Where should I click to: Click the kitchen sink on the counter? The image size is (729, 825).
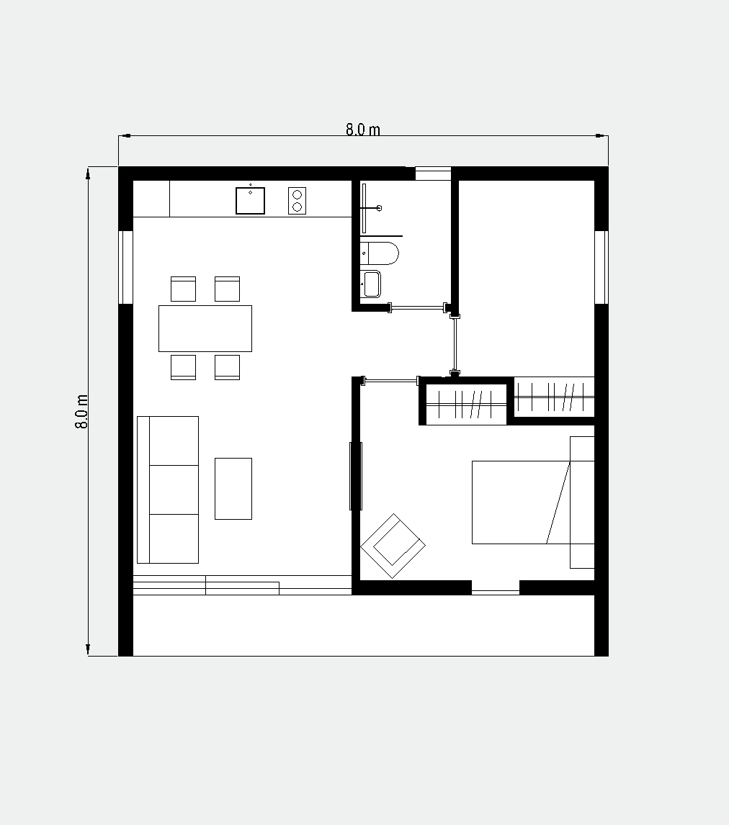coord(250,200)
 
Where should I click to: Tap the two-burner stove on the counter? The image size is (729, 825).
coord(297,200)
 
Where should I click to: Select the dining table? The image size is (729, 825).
coord(205,328)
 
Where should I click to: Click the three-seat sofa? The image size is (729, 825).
coord(168,490)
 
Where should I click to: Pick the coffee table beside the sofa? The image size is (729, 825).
coord(233,489)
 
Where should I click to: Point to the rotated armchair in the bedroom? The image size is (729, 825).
coord(393,546)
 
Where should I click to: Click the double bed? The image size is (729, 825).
coord(533,502)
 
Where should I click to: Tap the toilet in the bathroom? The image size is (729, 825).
coord(380,253)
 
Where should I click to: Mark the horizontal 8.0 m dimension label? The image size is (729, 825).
coord(362,130)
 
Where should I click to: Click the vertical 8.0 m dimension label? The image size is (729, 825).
coord(81,412)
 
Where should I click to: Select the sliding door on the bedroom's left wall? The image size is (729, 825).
coord(356,476)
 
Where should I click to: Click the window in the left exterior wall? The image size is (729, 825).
coord(125,267)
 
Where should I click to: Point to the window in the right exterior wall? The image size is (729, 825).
coord(601,267)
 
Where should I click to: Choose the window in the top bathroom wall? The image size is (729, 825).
coord(433,173)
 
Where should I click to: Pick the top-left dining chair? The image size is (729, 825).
coord(183,289)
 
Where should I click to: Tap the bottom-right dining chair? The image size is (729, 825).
coord(228,367)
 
